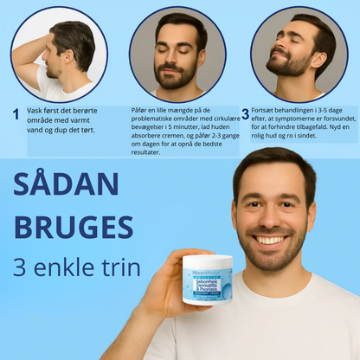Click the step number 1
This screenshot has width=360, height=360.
pyautogui.click(x=16, y=113)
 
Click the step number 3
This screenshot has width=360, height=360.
pyautogui.click(x=245, y=113)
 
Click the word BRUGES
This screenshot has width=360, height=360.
pyautogui.click(x=74, y=228)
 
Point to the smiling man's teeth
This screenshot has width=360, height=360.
pyautogui.click(x=273, y=240)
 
